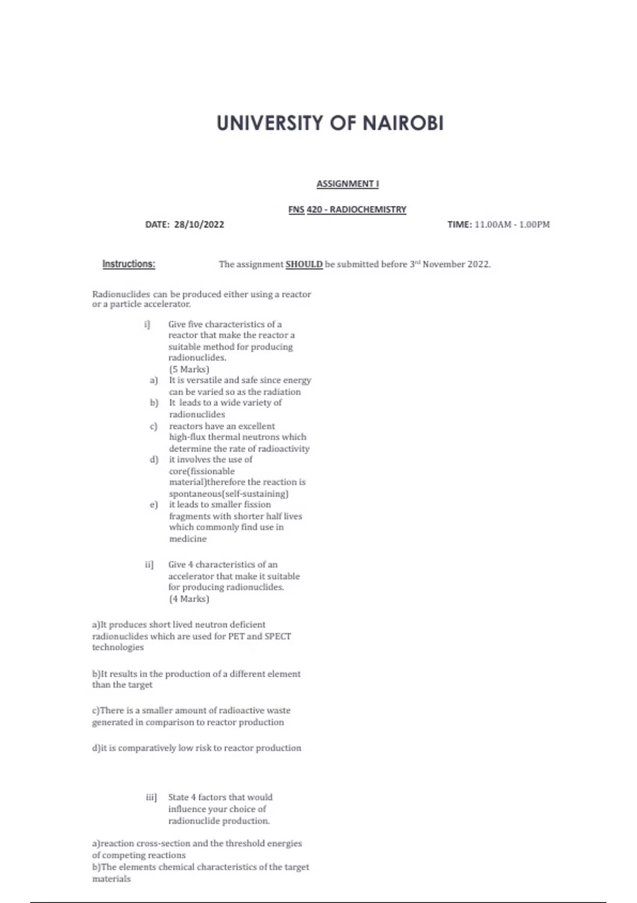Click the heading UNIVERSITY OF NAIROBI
(330, 123)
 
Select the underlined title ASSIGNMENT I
(348, 184)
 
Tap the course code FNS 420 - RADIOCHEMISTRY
(347, 209)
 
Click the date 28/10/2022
(199, 224)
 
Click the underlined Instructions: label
(128, 264)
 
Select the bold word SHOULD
(304, 264)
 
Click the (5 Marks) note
(189, 369)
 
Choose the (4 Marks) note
(189, 599)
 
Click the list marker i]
(147, 324)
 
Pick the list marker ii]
(149, 564)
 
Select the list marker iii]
(151, 797)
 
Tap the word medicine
(188, 539)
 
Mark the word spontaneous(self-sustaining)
(229, 493)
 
